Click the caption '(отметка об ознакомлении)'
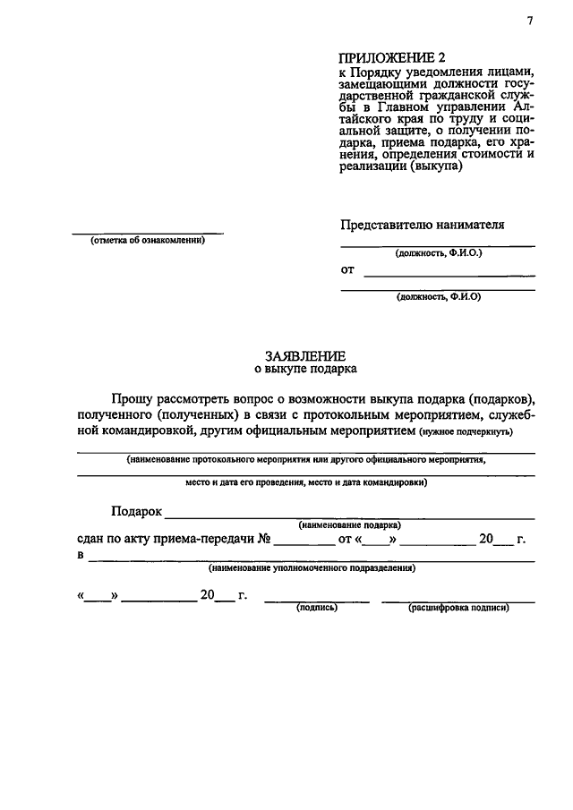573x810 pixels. pyautogui.click(x=147, y=240)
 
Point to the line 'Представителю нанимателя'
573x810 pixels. pyautogui.click(x=422, y=224)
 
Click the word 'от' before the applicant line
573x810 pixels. pyautogui.click(x=347, y=269)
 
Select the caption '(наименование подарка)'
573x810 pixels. pyautogui.click(x=350, y=524)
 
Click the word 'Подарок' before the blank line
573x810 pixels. pyautogui.click(x=136, y=511)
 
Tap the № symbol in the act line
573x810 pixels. pyautogui.click(x=264, y=540)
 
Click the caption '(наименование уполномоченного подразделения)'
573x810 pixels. pyautogui.click(x=312, y=567)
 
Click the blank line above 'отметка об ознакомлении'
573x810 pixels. pyautogui.click(x=147, y=232)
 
